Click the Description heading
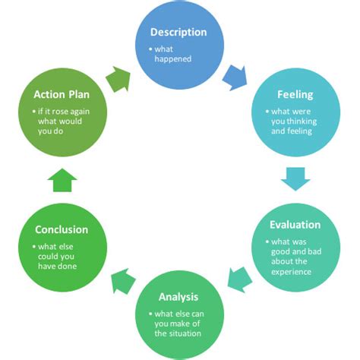coord(178,33)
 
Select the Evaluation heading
coord(295,225)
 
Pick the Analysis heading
coord(179,296)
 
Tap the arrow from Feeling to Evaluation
coord(295,179)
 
